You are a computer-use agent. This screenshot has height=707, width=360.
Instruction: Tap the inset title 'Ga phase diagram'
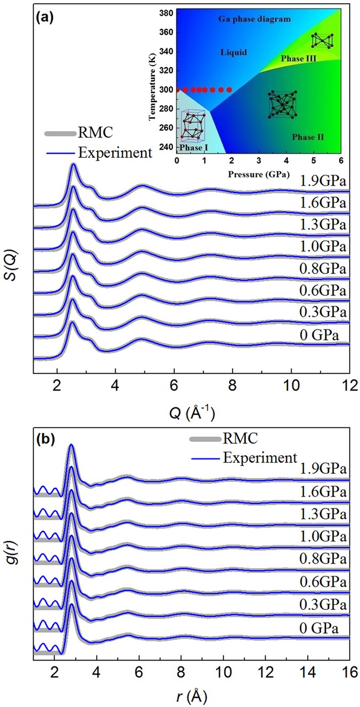255,19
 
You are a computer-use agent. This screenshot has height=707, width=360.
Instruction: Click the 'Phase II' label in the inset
308,137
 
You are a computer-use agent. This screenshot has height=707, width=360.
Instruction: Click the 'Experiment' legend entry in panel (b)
261,456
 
